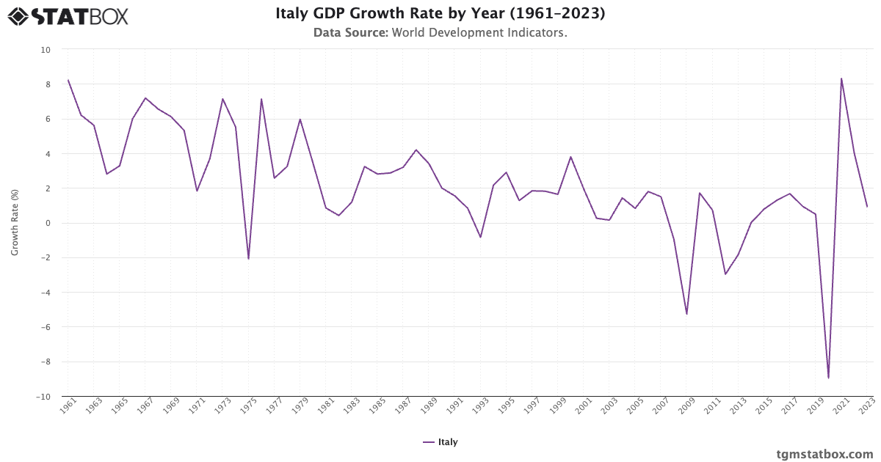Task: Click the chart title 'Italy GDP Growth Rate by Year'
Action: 440,14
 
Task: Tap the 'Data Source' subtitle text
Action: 440,33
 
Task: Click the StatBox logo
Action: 68,15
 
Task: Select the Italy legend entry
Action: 440,442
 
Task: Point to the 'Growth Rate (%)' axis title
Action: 15,223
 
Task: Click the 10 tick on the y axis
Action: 46,50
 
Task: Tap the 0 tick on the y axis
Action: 48,223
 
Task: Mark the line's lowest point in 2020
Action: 828,378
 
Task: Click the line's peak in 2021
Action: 841,78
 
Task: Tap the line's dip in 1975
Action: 248,259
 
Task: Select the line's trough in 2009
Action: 686,314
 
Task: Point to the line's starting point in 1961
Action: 68,80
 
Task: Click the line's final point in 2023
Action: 867,206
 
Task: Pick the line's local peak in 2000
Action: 570,157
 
